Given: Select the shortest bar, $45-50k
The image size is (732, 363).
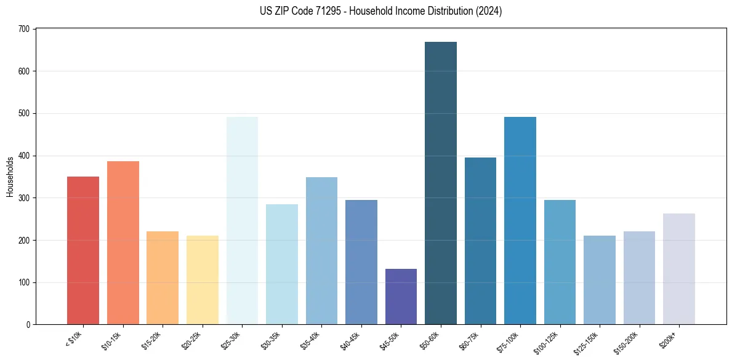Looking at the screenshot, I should click(401, 297).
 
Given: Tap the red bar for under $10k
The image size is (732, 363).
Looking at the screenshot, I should click(83, 250).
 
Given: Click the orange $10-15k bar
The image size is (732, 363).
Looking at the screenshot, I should click(123, 243).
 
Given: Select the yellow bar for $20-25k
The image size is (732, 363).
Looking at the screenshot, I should click(203, 280).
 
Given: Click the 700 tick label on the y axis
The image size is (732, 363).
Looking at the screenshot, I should click(24, 29).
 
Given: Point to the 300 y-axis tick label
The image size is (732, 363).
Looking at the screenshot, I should click(24, 198).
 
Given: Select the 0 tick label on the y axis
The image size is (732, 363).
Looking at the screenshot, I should click(28, 325).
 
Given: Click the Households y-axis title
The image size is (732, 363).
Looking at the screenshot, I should click(10, 177).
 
